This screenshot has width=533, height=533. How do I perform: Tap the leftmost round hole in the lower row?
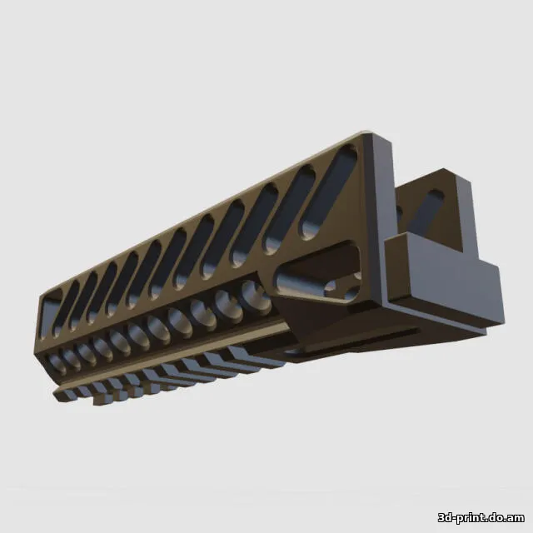(56, 359)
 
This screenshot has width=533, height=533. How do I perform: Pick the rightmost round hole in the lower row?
(253, 293)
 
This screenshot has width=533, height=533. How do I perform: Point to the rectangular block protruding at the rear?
(441, 279)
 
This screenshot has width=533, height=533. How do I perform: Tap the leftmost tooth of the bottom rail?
(62, 394)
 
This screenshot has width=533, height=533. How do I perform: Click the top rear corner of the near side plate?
(366, 136)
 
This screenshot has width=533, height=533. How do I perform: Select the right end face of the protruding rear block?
(491, 291)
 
